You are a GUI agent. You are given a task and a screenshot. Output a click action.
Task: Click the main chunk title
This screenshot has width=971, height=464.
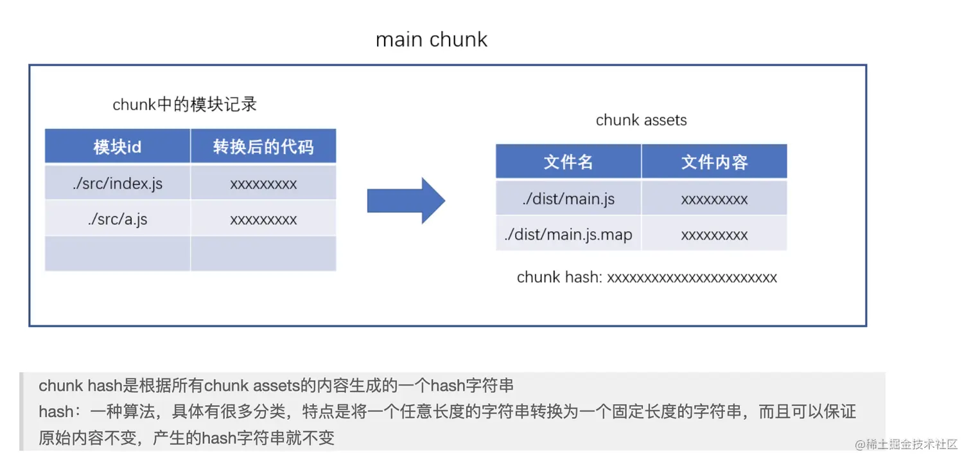[x=432, y=40]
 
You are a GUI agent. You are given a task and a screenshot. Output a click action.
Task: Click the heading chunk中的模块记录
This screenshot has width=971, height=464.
[x=185, y=105]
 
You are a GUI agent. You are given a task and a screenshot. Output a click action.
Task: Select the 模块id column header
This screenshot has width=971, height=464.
[x=118, y=147]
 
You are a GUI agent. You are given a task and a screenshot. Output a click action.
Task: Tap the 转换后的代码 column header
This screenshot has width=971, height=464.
[x=263, y=147]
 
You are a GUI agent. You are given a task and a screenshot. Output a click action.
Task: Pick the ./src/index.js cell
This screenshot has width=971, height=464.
[x=118, y=184]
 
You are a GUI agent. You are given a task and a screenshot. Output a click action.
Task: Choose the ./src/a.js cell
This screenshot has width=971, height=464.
[x=118, y=219]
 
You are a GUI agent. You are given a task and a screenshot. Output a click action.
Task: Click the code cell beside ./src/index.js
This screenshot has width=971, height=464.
[x=263, y=184]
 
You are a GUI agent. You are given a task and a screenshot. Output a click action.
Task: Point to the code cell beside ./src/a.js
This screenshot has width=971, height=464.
[x=263, y=219]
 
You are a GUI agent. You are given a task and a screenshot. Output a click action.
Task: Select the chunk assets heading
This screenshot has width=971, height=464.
[x=641, y=120]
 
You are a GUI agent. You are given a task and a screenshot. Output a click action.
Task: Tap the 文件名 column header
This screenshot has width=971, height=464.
[x=568, y=162]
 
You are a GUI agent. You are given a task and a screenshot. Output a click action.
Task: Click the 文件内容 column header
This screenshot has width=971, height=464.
[x=714, y=162]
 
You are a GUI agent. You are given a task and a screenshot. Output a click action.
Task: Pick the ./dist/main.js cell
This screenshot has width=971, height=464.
[x=568, y=199]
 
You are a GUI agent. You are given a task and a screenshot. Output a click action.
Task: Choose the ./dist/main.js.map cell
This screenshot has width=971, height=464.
[x=568, y=235]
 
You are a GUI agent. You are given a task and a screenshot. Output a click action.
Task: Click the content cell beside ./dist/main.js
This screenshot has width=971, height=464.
[x=714, y=199]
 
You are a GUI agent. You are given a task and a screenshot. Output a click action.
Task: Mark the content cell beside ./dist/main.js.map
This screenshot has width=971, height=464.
[x=714, y=235]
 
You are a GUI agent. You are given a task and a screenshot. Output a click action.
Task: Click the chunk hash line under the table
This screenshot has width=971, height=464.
[x=647, y=278]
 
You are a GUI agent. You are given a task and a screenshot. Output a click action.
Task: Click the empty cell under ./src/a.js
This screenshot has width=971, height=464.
[x=118, y=254]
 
